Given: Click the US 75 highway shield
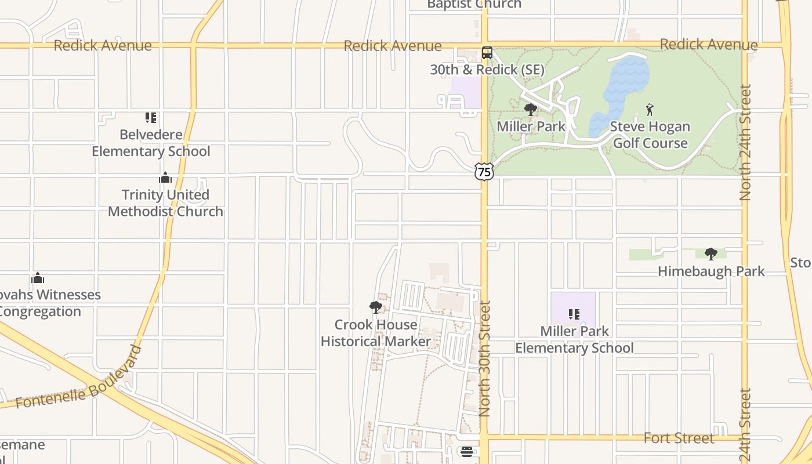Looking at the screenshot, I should (484, 171).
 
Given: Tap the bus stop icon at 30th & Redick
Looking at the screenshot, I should (487, 53).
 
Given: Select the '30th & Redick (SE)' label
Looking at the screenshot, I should (487, 70).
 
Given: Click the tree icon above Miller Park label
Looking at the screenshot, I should (530, 110).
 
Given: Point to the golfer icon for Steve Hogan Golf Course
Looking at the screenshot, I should (650, 109).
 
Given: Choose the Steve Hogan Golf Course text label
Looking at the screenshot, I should (650, 135).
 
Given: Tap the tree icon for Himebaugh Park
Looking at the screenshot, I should (711, 254).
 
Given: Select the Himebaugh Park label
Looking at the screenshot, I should (711, 271).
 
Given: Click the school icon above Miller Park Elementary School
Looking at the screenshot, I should (574, 314).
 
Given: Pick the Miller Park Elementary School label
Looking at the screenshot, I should (574, 339).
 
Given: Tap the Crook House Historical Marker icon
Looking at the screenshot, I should (376, 307).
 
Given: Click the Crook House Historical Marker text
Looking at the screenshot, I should (376, 333).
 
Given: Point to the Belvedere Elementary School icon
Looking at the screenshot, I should (151, 118).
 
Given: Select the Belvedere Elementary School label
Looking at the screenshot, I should (151, 143).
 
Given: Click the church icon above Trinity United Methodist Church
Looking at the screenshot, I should (165, 177).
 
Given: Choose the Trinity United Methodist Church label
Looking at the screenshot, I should (165, 203).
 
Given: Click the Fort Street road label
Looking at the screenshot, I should (679, 438).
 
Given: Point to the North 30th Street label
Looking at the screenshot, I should (485, 358).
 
